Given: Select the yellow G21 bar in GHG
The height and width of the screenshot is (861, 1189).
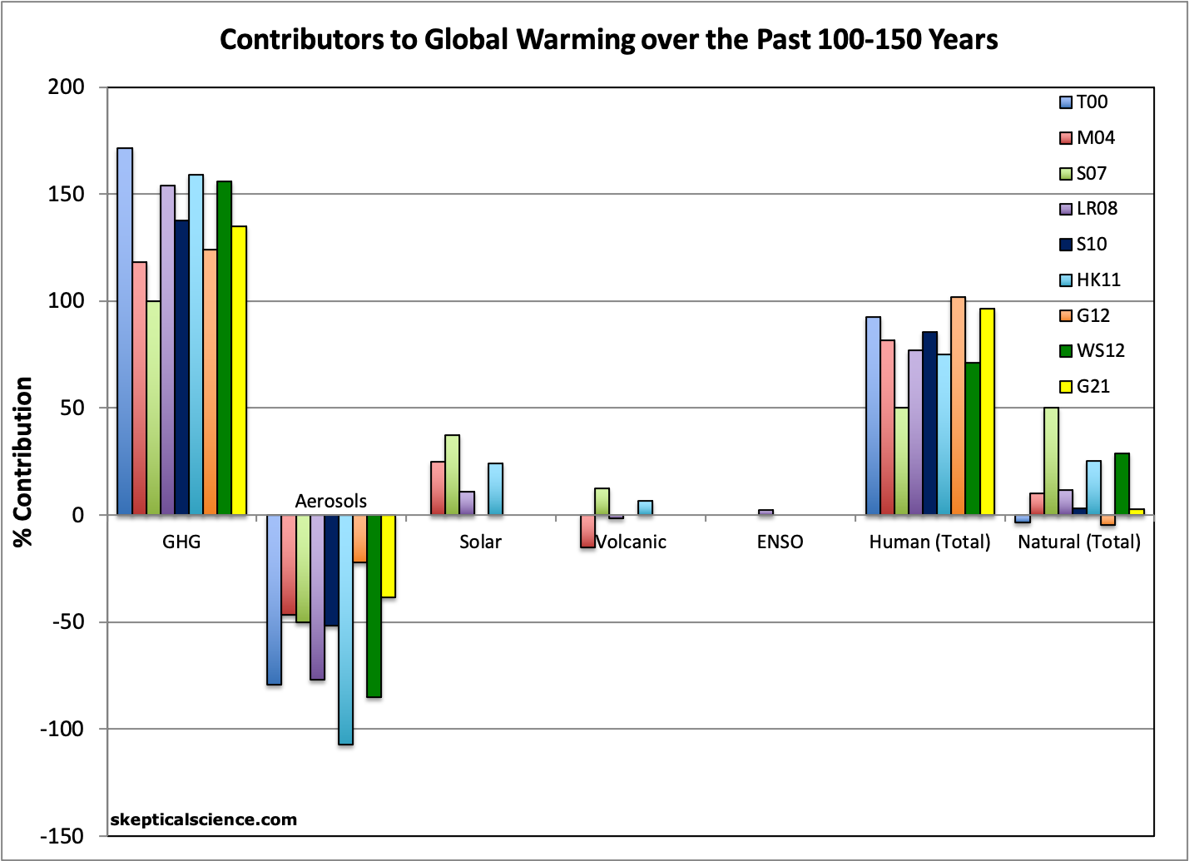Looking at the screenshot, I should pyautogui.click(x=239, y=370).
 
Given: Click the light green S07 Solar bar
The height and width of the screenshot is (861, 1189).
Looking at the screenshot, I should pyautogui.click(x=452, y=475).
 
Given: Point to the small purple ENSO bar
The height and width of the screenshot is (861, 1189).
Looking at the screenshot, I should pyautogui.click(x=765, y=512).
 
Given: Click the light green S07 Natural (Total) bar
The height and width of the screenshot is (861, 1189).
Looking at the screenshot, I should pyautogui.click(x=1051, y=461).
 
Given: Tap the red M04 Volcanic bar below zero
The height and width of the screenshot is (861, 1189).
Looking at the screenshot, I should pyautogui.click(x=587, y=532).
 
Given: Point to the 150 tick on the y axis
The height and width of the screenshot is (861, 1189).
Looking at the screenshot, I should pyautogui.click(x=67, y=194).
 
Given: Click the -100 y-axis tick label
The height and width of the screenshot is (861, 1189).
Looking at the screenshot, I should pyautogui.click(x=62, y=729).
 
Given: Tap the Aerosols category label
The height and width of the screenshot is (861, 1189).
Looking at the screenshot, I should pyautogui.click(x=330, y=501).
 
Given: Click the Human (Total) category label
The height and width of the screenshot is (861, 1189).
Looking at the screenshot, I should pyautogui.click(x=929, y=542).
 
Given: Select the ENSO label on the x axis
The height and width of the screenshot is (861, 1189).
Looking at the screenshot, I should pyautogui.click(x=780, y=542).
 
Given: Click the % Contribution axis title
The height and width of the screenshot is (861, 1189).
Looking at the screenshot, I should pyautogui.click(x=23, y=462).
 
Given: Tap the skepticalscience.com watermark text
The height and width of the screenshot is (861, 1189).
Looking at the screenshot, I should pyautogui.click(x=203, y=819).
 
